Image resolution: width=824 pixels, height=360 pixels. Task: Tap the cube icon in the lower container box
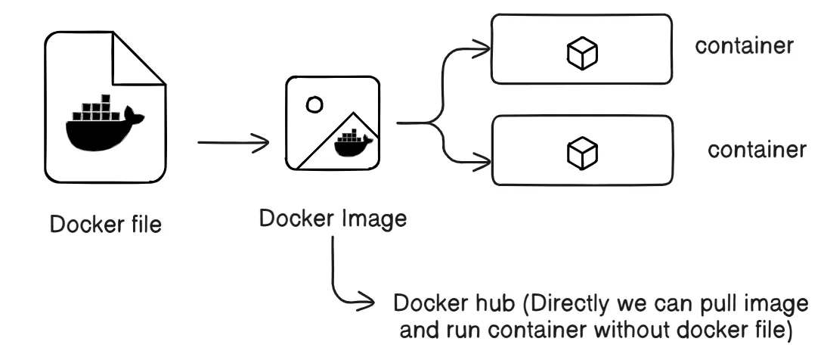pyautogui.click(x=583, y=152)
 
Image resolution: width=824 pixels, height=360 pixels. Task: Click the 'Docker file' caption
pyautogui.click(x=106, y=225)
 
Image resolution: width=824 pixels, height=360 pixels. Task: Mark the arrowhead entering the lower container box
pyautogui.click(x=482, y=159)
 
